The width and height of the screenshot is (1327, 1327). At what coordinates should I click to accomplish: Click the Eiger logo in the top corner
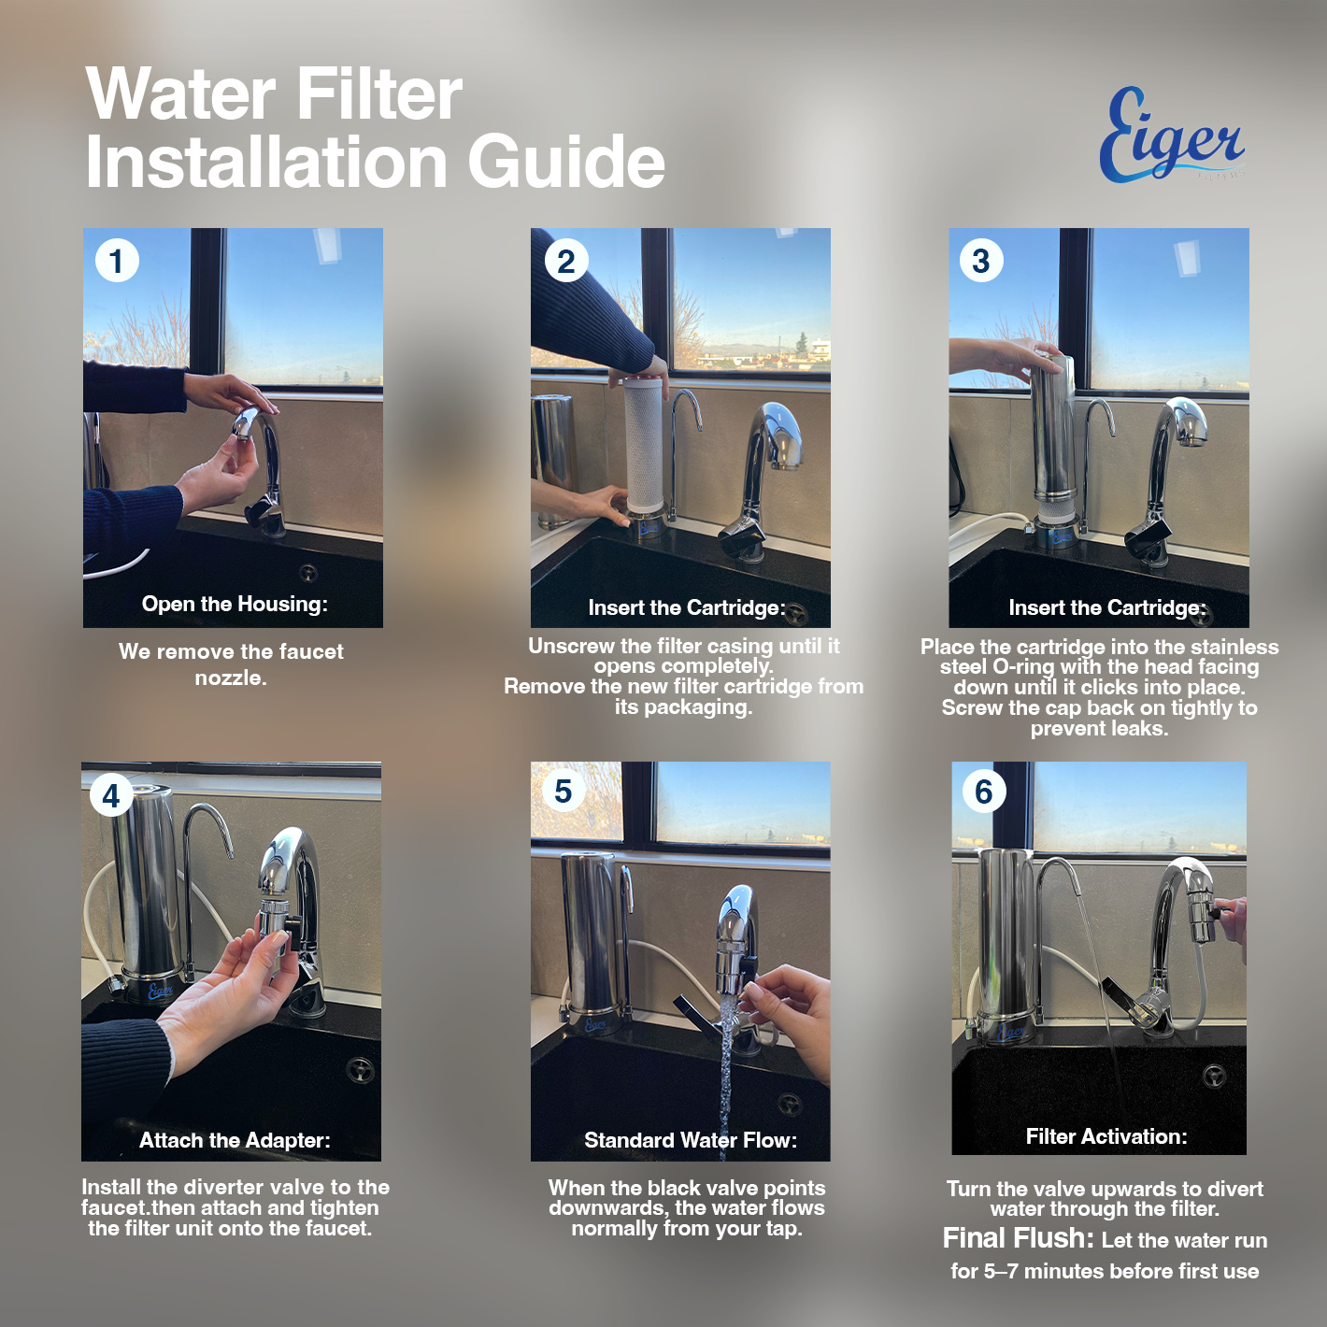point(1172,135)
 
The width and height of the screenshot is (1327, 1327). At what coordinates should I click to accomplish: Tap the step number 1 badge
point(117,261)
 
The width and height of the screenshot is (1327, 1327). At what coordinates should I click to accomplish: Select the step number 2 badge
point(566,261)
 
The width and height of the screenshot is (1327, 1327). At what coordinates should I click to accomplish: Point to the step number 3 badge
point(980,261)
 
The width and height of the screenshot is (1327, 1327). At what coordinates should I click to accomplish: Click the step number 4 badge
point(111,795)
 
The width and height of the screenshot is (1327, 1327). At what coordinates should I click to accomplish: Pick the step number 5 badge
point(564,792)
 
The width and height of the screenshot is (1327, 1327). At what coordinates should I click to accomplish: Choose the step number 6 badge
point(983,792)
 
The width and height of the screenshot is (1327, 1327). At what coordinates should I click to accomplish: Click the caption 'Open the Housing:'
point(235,604)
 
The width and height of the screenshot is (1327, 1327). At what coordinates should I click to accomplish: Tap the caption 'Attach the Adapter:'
point(235,1140)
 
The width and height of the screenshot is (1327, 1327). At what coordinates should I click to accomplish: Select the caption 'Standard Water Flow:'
point(691,1140)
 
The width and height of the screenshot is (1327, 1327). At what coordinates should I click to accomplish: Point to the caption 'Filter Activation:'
point(1106,1136)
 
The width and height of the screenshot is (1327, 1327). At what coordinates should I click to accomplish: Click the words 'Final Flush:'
point(1018,1238)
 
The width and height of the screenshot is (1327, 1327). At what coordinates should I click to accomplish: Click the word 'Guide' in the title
point(566,161)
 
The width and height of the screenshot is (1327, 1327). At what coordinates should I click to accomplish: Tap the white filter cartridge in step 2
point(646,447)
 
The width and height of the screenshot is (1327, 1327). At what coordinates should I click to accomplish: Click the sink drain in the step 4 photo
point(361,1070)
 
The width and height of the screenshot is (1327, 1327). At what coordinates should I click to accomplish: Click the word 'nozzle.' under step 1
point(231,678)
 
